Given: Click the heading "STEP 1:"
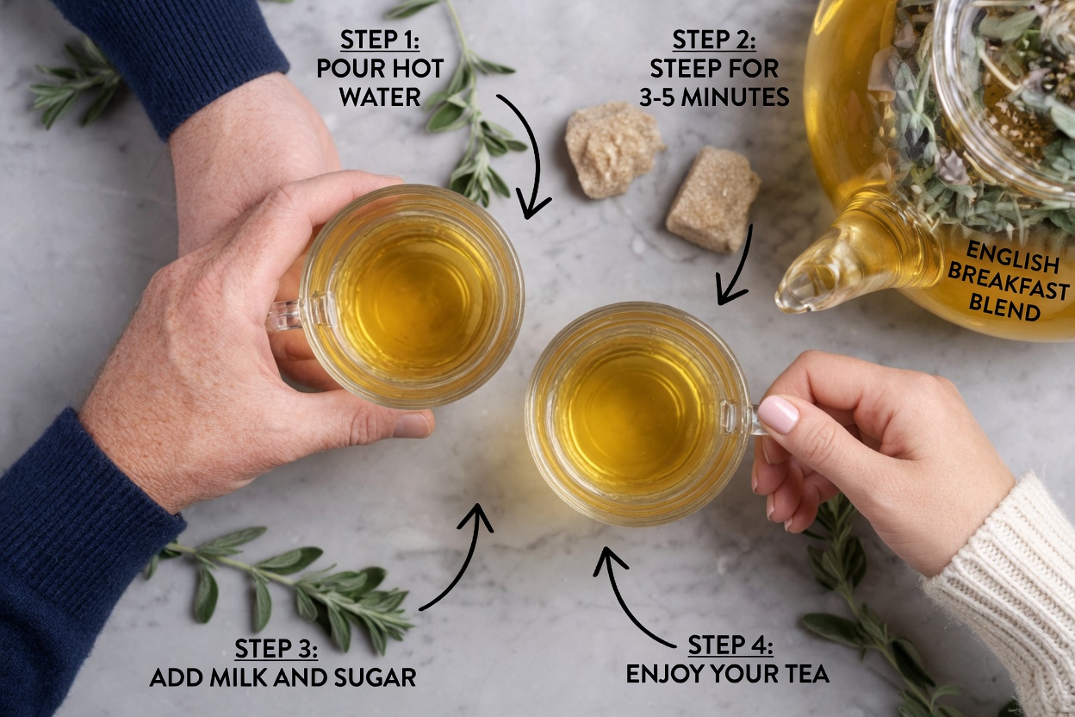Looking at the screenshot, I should click(x=380, y=40).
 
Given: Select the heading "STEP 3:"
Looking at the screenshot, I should click(x=276, y=649).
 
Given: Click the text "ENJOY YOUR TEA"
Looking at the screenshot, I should click(x=727, y=673).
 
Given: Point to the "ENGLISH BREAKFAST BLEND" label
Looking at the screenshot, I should click(x=1009, y=281).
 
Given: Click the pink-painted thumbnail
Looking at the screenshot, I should click(x=778, y=415).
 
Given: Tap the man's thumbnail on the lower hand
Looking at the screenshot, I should click(x=412, y=426).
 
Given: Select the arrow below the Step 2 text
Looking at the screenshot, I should click(x=737, y=267).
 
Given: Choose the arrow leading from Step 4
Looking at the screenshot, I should click(x=629, y=595).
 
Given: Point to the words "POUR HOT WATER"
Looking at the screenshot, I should click(x=379, y=82).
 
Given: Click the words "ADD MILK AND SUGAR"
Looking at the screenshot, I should click(x=283, y=677).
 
